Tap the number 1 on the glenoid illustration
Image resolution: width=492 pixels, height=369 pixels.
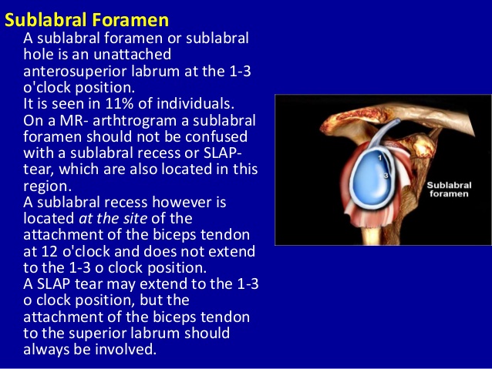pos(379,157)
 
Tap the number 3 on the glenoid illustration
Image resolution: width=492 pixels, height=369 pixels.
pos(385,176)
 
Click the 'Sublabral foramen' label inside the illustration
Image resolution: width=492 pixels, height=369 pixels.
pos(448,190)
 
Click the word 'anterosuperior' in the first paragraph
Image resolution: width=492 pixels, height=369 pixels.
pos(71,71)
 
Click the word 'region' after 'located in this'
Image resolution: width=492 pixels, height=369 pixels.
pos(46,186)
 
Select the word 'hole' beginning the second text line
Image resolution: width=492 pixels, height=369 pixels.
pos(39,55)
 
